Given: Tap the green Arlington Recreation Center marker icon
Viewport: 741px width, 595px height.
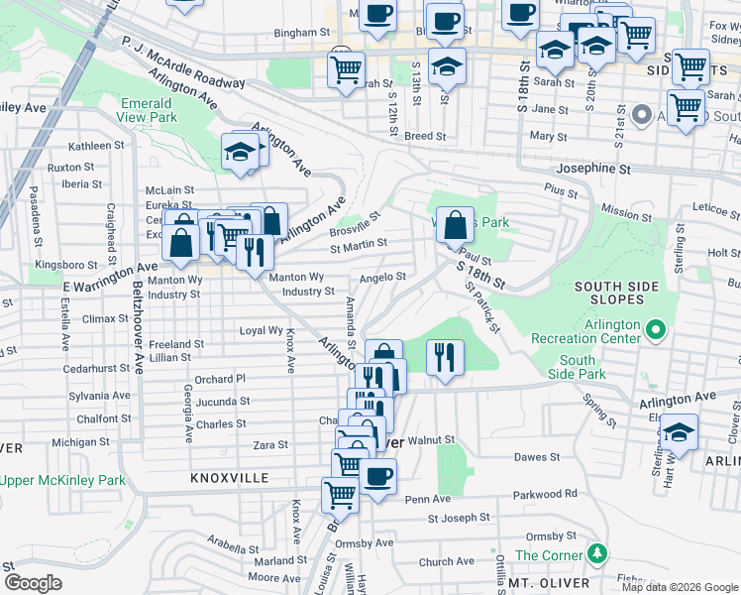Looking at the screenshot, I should pos(655,328).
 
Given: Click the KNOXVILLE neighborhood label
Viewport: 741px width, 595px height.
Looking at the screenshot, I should pos(230,478).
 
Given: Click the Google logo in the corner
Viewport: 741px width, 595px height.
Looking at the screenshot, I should pos(33,583).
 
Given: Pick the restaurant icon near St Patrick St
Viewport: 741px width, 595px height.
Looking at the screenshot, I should pos(445,357).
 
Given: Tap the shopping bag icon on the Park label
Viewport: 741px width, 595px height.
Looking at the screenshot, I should pos(455,225).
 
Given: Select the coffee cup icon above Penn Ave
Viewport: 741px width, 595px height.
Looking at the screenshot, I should pos(376,475).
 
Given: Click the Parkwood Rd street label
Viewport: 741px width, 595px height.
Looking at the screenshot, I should pos(545,494).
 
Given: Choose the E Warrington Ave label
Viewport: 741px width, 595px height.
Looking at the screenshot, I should pos(109,269).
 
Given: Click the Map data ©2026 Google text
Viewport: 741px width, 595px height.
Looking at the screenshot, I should pos(680,587).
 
